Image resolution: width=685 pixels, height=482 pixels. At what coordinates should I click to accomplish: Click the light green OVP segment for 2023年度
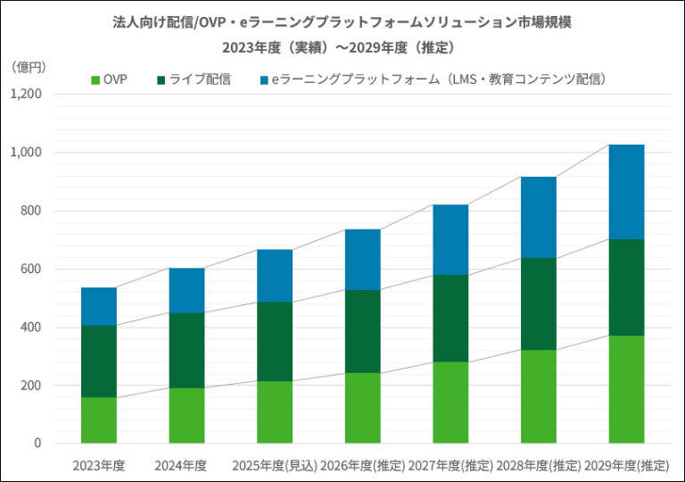(x=99, y=420)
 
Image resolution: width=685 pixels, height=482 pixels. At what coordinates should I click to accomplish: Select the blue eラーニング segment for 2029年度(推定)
(x=626, y=192)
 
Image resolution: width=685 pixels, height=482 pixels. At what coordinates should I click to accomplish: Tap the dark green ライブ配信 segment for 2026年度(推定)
(x=363, y=331)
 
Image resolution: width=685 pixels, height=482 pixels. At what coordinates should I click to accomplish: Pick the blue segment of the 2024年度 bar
(x=186, y=290)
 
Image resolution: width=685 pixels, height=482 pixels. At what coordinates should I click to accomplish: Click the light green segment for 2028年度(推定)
(x=539, y=396)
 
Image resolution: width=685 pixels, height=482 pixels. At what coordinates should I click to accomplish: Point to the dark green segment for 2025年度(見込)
(x=275, y=342)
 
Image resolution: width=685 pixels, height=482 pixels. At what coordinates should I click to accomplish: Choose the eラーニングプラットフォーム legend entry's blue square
(x=263, y=80)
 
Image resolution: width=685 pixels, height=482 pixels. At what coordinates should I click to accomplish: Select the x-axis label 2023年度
(x=99, y=465)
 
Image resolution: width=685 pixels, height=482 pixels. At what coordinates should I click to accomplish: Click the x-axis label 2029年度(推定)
(x=626, y=465)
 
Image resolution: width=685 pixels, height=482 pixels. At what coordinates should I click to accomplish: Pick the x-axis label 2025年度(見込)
(x=274, y=465)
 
